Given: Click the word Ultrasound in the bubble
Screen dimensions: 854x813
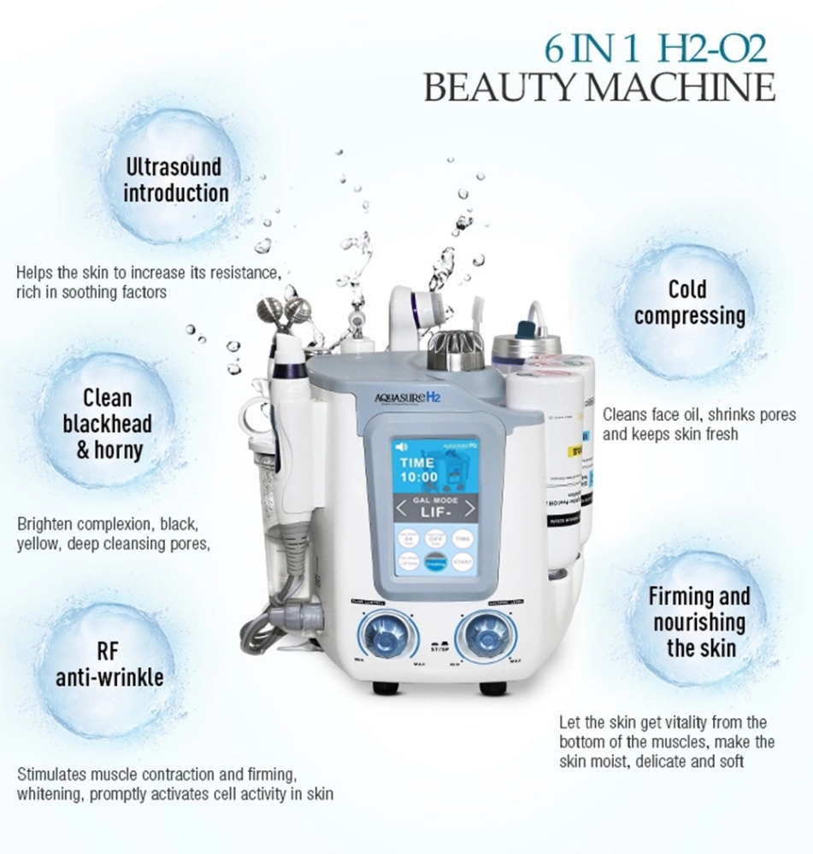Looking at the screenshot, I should pos(174,166).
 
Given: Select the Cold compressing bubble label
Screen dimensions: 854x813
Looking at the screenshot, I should pos(690,302).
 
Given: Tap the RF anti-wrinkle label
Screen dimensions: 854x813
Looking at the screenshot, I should pos(109,664).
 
